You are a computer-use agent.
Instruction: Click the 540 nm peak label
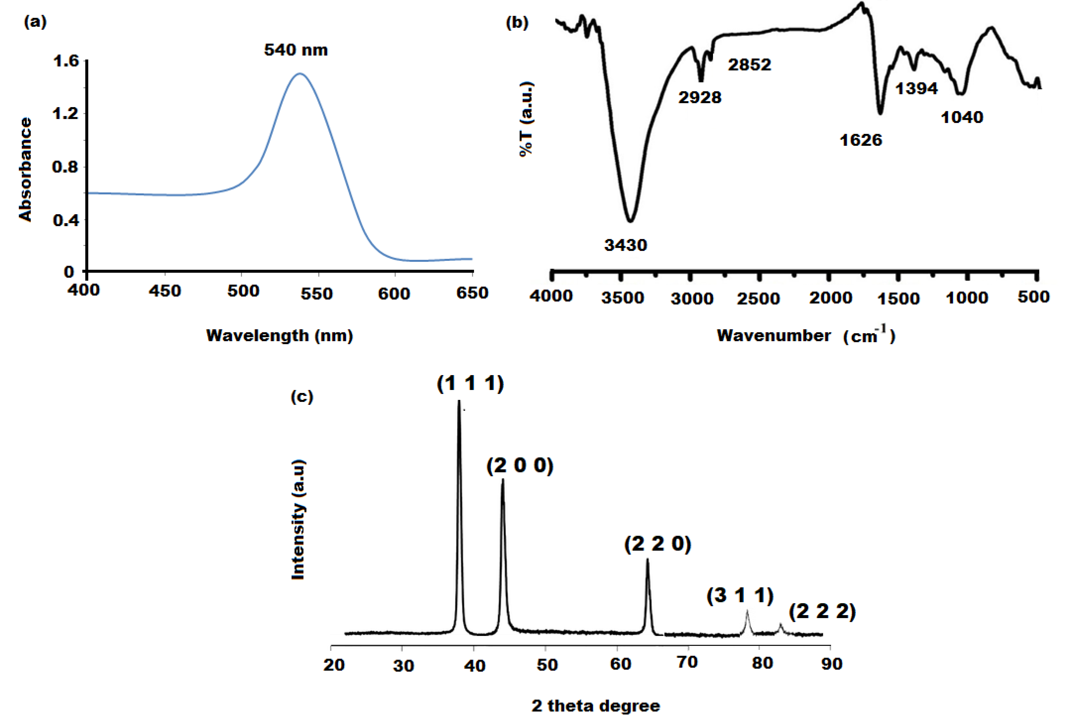(x=296, y=50)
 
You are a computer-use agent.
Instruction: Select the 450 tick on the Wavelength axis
(x=165, y=291)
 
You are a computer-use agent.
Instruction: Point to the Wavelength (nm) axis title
(x=279, y=335)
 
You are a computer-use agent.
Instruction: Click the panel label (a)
(x=35, y=22)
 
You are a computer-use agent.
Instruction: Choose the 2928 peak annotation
(x=700, y=97)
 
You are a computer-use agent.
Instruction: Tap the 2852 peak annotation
(x=749, y=65)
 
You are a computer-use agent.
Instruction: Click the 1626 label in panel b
(x=861, y=140)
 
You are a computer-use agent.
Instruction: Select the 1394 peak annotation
(x=916, y=88)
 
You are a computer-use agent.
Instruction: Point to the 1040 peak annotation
(x=962, y=118)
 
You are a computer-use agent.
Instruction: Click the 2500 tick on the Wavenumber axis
(x=758, y=298)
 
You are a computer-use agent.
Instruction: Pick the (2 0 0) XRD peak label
(x=520, y=466)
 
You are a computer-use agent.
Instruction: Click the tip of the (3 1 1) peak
(x=747, y=610)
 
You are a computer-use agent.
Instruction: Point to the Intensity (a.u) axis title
(x=298, y=520)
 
